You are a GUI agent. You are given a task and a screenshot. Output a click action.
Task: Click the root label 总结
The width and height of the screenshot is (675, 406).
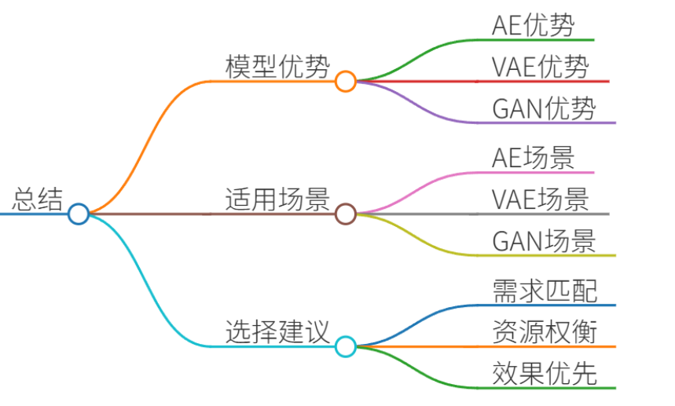[38, 199]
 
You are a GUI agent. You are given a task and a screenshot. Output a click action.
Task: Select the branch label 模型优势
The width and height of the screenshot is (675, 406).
[277, 66]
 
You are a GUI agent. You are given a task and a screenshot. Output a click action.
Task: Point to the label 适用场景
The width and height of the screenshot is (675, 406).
[277, 199]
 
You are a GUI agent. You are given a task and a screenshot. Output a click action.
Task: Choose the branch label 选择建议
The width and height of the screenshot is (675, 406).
[277, 331]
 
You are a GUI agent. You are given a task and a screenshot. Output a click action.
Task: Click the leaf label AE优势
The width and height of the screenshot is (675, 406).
[533, 25]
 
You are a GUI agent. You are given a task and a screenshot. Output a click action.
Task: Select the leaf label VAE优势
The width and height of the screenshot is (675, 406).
[541, 66]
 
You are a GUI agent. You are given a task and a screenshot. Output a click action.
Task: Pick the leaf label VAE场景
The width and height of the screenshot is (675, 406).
[541, 199]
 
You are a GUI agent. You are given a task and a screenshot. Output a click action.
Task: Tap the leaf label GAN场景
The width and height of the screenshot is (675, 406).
[544, 240]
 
